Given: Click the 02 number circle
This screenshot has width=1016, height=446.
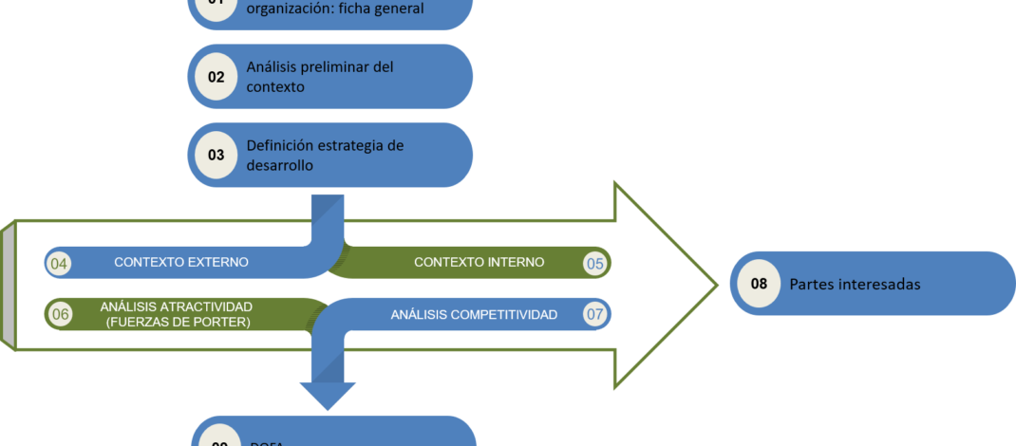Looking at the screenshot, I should (x=216, y=77).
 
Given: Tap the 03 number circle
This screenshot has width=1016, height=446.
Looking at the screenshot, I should (x=216, y=155).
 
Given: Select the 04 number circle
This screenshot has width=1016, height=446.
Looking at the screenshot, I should (x=59, y=263).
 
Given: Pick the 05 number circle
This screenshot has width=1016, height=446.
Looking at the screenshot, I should (x=595, y=263).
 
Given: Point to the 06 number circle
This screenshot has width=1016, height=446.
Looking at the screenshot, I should (x=60, y=314).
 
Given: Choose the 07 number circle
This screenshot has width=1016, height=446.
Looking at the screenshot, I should (x=595, y=314).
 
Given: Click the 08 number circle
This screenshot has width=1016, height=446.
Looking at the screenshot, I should (x=759, y=283).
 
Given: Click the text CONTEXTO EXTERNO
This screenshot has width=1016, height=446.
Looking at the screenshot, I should (x=181, y=263).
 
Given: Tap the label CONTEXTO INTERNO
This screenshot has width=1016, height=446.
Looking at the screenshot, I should (x=480, y=263).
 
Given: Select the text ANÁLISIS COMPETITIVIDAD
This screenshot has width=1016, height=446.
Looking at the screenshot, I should (x=474, y=314).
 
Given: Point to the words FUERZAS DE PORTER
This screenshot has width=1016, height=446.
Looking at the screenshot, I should (x=176, y=322).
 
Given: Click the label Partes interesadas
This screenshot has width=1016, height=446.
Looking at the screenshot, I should (x=855, y=284).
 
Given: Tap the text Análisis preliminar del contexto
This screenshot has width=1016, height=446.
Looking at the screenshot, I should (x=319, y=77).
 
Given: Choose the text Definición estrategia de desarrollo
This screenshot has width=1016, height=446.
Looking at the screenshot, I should (x=325, y=155).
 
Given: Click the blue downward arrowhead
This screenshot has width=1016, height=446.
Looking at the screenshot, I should (x=328, y=393).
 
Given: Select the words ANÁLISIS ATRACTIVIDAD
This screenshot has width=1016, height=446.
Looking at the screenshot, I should (x=176, y=307).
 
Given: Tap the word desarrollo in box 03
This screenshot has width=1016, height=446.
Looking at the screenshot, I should (x=280, y=165).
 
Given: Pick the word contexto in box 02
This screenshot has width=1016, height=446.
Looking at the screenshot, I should (x=275, y=87).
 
